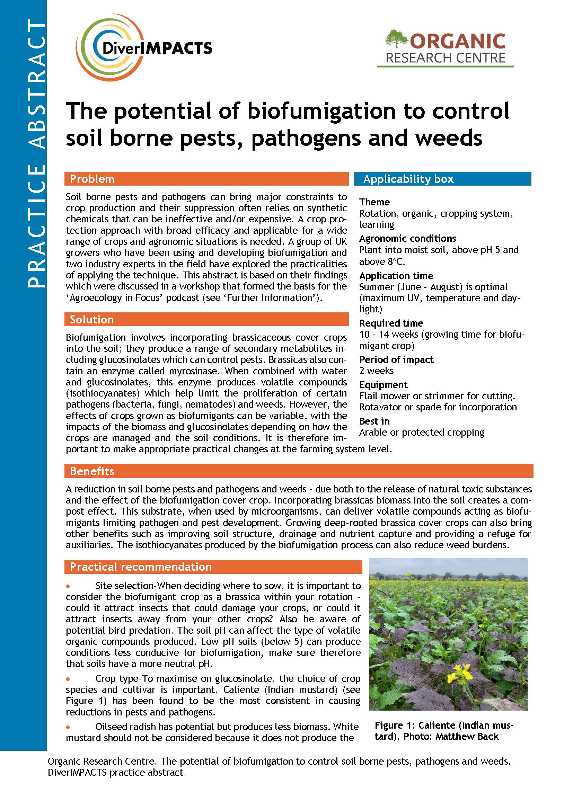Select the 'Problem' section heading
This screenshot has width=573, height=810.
pyautogui.click(x=92, y=179)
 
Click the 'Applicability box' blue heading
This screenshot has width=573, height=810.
pyautogui.click(x=408, y=179)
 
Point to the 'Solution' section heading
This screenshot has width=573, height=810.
pyautogui.click(x=92, y=319)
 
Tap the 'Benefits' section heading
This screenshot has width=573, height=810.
pyautogui.click(x=92, y=471)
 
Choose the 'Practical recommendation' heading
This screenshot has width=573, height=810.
pyautogui.click(x=141, y=567)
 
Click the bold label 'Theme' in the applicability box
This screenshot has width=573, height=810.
pyautogui.click(x=374, y=202)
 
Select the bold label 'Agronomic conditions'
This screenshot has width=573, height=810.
pyautogui.click(x=407, y=238)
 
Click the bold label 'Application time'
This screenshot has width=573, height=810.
pyautogui.click(x=396, y=276)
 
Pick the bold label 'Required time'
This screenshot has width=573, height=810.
pyautogui.click(x=391, y=323)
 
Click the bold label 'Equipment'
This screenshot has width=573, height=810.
pyautogui.click(x=383, y=384)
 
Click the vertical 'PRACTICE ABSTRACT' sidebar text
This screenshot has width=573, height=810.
pyautogui.click(x=36, y=153)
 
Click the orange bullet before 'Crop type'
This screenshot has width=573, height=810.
pyautogui.click(x=68, y=678)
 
